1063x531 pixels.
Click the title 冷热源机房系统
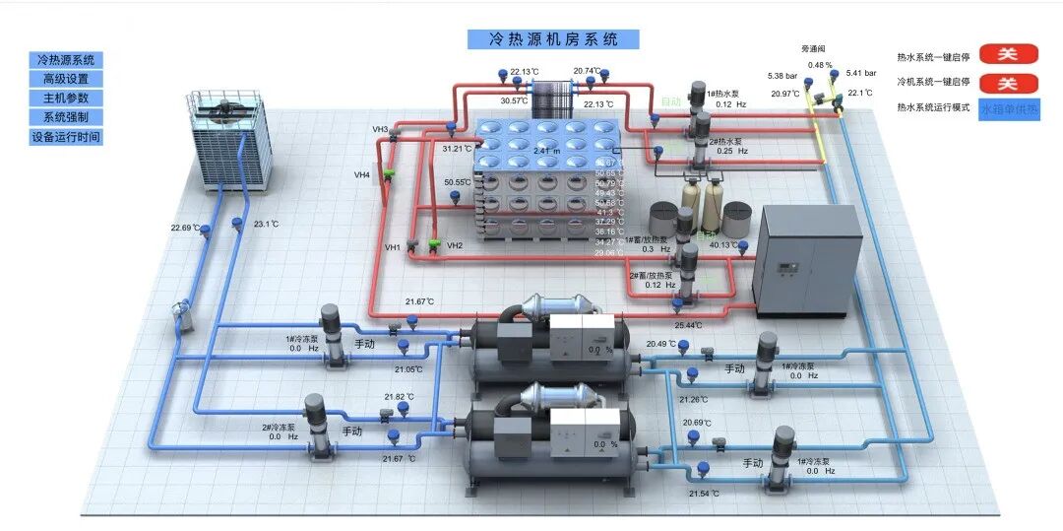pos(554,39)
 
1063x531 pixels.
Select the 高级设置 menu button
pos(66,79)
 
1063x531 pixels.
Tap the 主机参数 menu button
pos(66,99)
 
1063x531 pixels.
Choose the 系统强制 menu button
pos(66,117)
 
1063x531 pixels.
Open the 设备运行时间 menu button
pos(66,137)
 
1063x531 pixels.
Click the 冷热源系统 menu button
pos(66,60)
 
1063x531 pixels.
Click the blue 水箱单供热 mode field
pos(1009,108)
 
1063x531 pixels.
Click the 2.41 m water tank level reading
pos(546,151)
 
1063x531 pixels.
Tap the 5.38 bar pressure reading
pos(782,76)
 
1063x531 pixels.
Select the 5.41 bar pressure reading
pos(860,73)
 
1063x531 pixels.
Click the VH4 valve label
pos(362,175)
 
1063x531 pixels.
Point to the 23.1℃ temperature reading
pos(266,225)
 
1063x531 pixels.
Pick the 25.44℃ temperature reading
pos(687,325)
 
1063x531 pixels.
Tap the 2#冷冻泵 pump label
pos(280,428)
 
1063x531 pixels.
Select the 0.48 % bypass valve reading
pos(820,65)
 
